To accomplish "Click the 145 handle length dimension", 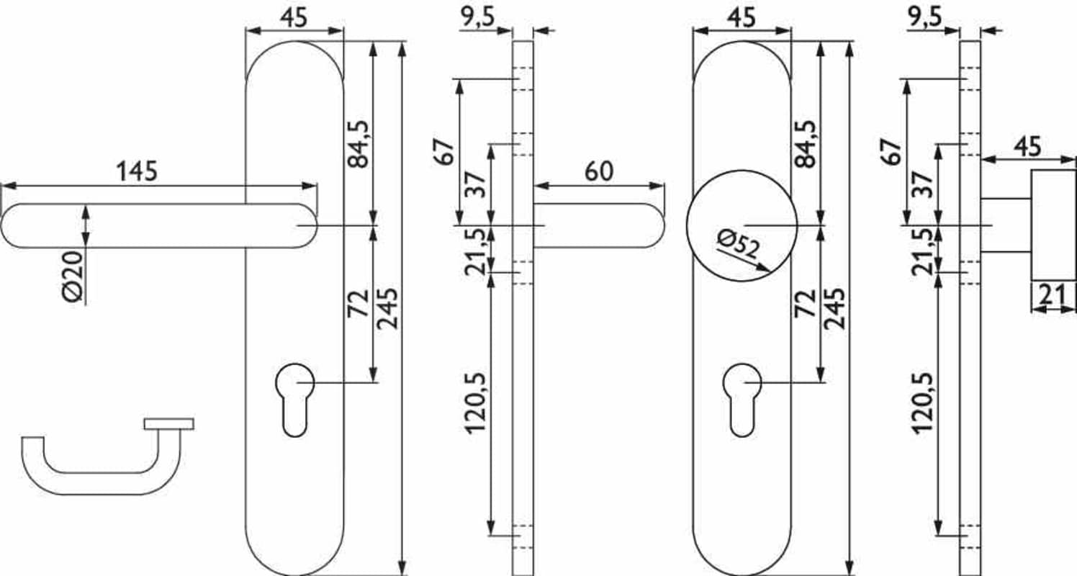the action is [137, 171].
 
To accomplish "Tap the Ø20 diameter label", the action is [73, 276].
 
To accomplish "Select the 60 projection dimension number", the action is [599, 171].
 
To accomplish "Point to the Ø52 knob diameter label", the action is [738, 243].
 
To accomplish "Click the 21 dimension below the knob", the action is [1053, 294].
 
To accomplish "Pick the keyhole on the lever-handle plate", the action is [294, 400].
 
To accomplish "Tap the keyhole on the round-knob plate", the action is [742, 400].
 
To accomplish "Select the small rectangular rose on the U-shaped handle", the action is [168, 423].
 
